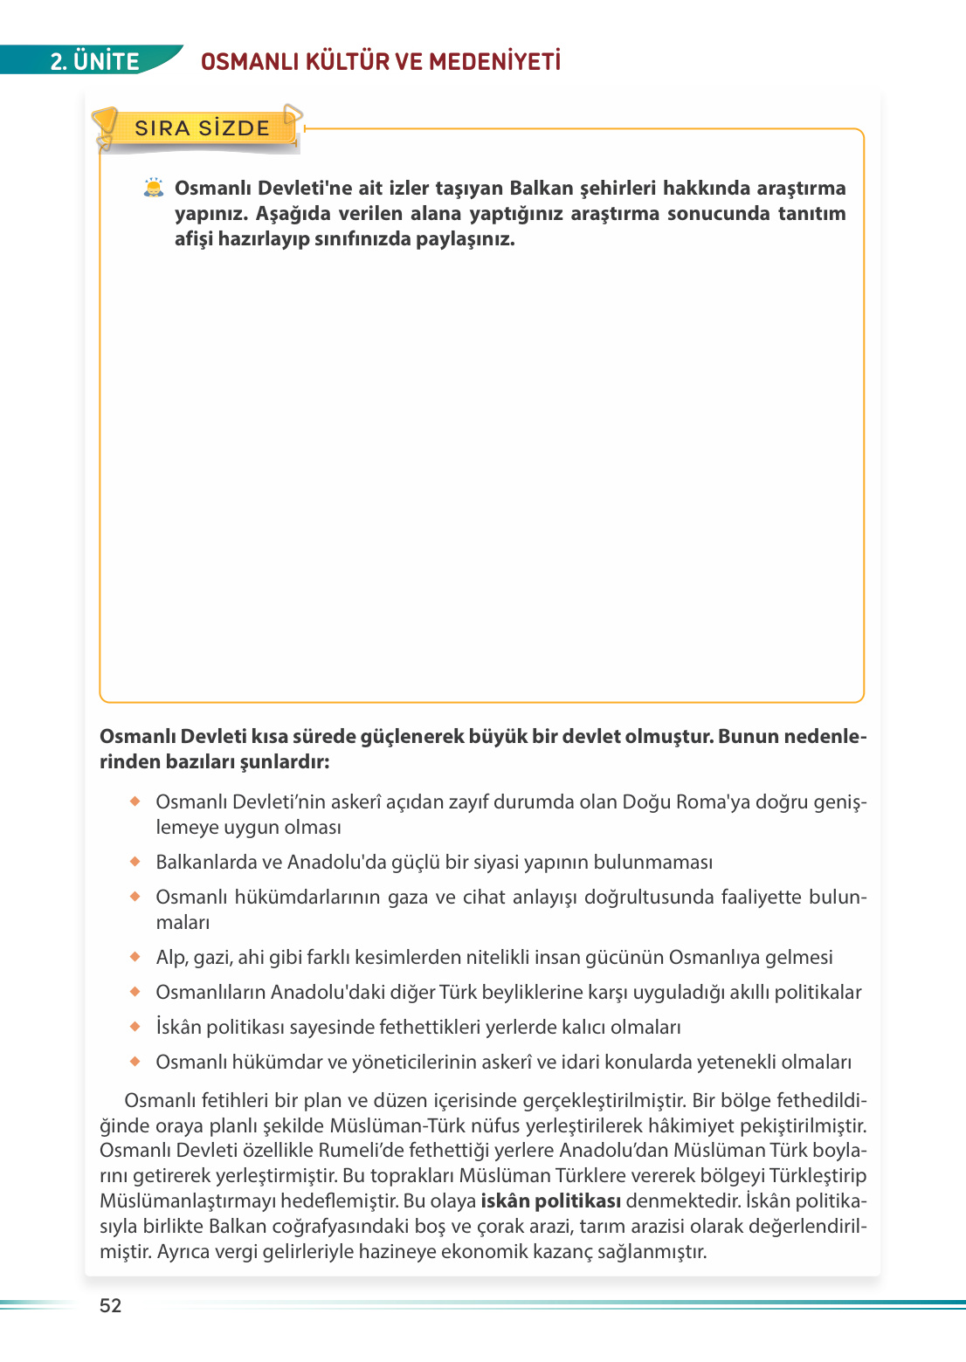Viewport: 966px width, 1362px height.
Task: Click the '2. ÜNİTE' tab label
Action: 94,61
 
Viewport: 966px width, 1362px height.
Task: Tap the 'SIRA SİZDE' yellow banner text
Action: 202,128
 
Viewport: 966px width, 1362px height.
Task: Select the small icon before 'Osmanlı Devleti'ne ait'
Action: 154,188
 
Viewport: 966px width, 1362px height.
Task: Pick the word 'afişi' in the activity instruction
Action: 194,238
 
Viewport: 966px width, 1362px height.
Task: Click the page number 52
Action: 111,1305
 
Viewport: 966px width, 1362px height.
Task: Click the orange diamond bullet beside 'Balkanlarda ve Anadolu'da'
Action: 135,862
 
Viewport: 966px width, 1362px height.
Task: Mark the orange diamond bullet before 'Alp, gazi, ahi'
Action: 135,957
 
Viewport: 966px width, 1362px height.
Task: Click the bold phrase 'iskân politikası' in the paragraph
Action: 550,1200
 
